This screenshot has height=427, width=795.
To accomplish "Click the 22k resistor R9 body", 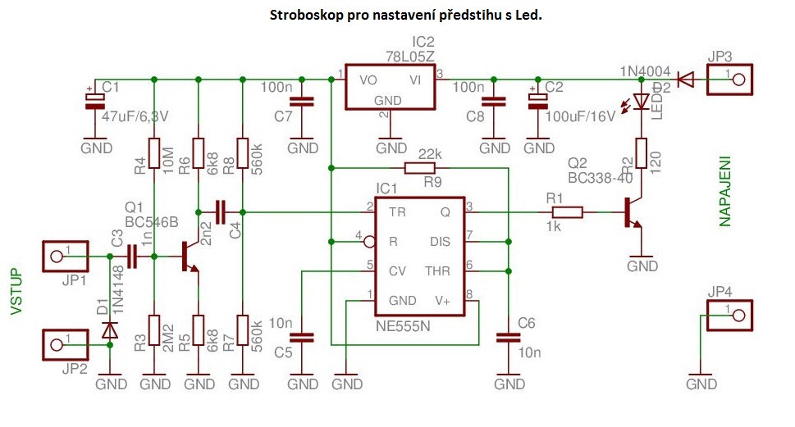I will (419, 168).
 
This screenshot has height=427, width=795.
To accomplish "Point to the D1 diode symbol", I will (110, 330).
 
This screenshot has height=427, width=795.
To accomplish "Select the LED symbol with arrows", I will (639, 101).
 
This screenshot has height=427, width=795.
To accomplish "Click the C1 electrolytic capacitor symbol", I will (96, 99).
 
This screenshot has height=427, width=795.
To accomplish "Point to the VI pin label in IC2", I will (417, 79).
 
